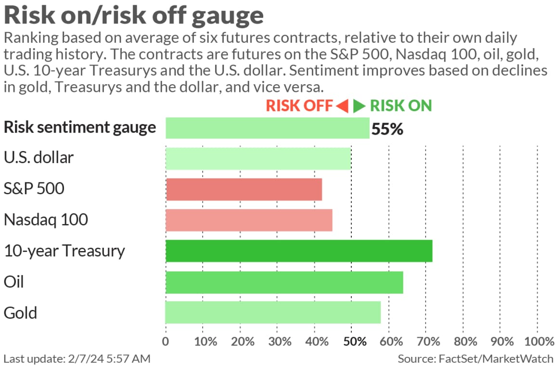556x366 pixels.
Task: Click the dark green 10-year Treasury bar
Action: point(298,251)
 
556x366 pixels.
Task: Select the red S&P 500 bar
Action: point(244,189)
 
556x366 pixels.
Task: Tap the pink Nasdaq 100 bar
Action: point(249,220)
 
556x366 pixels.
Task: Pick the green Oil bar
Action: point(284,282)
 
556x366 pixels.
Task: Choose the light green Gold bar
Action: point(273,313)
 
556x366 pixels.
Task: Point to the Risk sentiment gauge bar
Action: point(267,128)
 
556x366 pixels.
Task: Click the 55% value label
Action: point(387,129)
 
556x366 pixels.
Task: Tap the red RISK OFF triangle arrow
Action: point(342,106)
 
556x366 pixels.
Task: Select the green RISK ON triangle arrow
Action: point(359,106)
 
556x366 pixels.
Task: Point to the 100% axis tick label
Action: point(537,341)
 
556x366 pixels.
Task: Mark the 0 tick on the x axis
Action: point(166,341)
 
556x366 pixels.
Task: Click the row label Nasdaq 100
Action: point(46,220)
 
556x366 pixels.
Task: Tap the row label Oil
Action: point(13,282)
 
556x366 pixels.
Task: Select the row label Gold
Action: point(20,313)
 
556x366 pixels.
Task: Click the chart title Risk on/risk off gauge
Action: point(134,15)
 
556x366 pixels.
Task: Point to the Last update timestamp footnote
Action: point(77,358)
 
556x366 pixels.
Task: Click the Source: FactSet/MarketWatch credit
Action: point(476,358)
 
